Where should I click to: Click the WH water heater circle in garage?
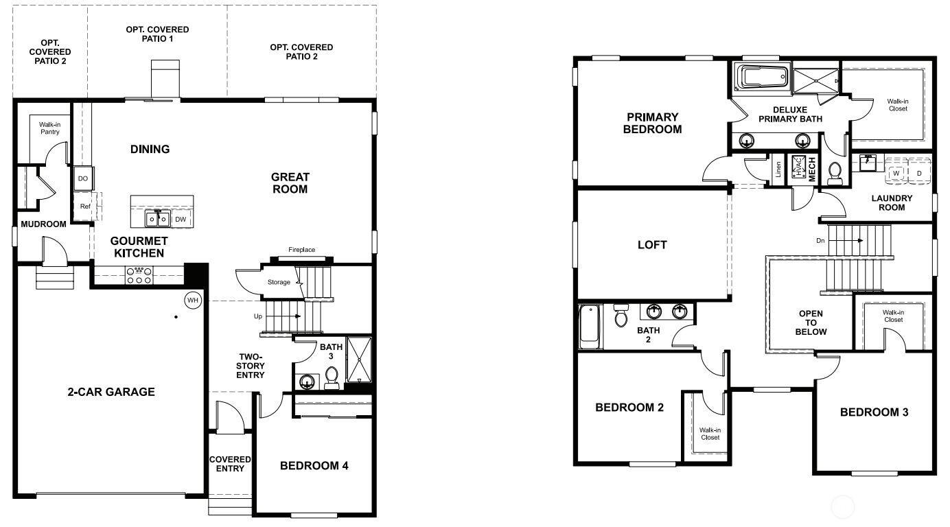193,300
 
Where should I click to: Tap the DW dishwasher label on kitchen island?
181,219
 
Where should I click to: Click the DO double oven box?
83,178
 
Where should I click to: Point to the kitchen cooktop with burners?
139,275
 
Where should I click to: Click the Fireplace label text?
301,250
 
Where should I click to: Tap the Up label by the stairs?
258,316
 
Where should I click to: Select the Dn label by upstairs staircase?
820,240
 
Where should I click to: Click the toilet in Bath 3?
332,378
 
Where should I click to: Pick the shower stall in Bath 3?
359,360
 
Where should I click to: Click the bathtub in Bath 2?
589,326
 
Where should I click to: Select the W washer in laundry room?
896,172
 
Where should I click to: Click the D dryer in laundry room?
919,172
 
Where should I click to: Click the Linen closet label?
778,169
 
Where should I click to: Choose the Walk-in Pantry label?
49,128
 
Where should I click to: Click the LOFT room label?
652,245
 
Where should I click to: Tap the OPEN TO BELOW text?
811,323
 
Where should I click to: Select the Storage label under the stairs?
279,282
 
